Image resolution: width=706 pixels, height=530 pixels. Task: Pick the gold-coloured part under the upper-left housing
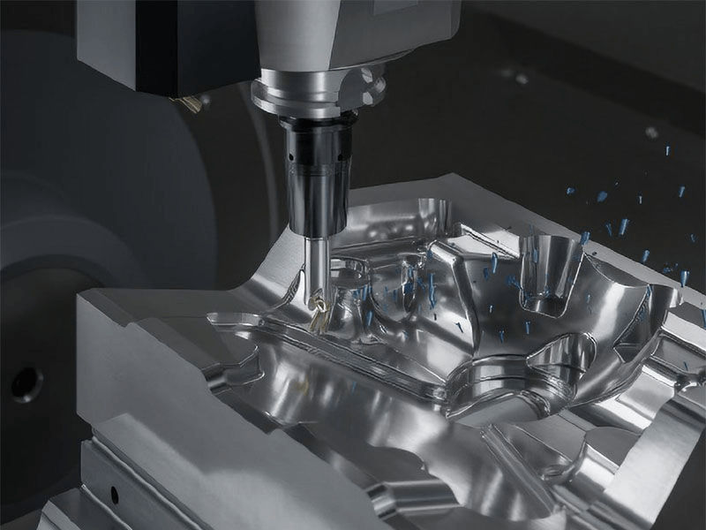pos(189,104)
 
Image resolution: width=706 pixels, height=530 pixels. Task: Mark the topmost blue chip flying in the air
pos(652,132)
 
